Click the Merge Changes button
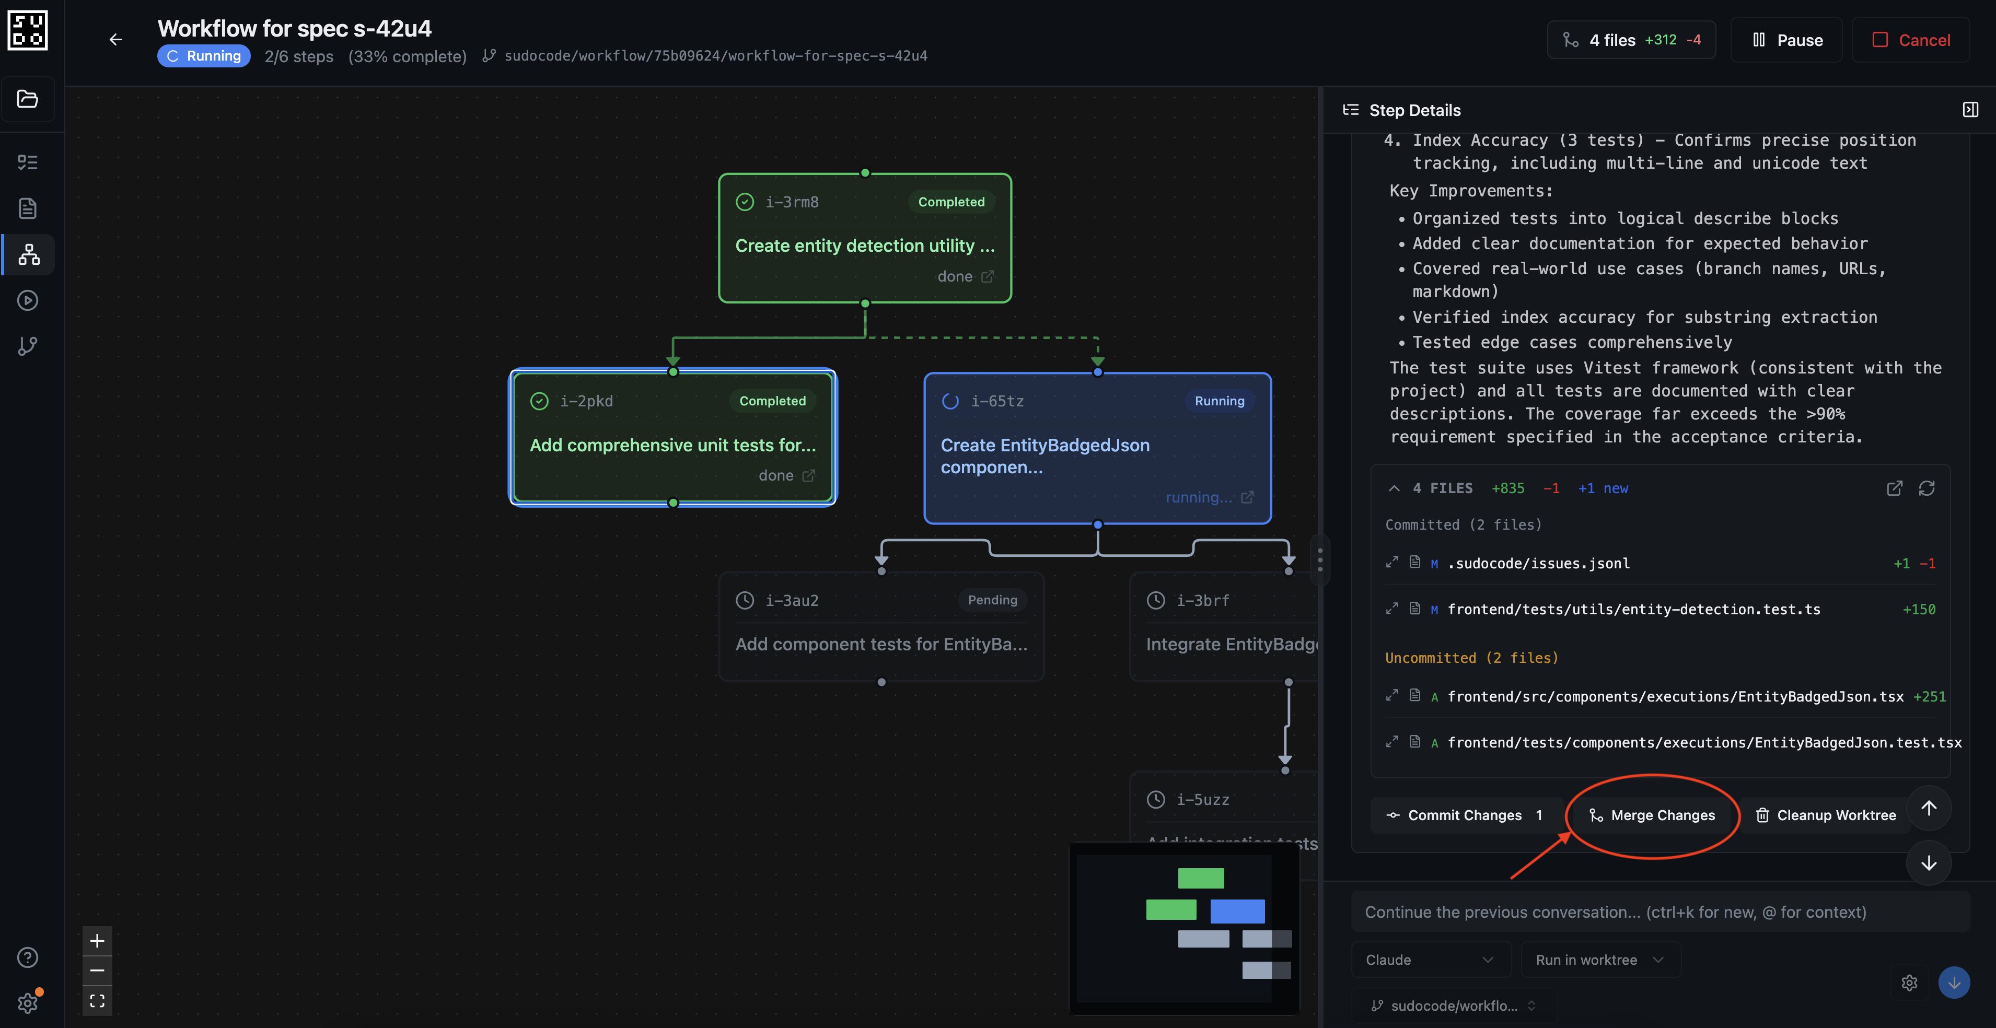(1653, 815)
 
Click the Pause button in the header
(1787, 40)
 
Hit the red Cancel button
(1911, 40)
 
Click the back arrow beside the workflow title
(115, 40)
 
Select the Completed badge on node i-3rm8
(951, 202)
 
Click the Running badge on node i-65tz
(1219, 401)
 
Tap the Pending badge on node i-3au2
(992, 600)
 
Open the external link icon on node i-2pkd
(808, 476)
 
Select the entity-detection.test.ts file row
(1633, 610)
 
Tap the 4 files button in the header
(1631, 40)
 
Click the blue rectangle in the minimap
(1237, 911)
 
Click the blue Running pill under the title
(204, 56)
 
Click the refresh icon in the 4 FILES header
(1927, 488)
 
